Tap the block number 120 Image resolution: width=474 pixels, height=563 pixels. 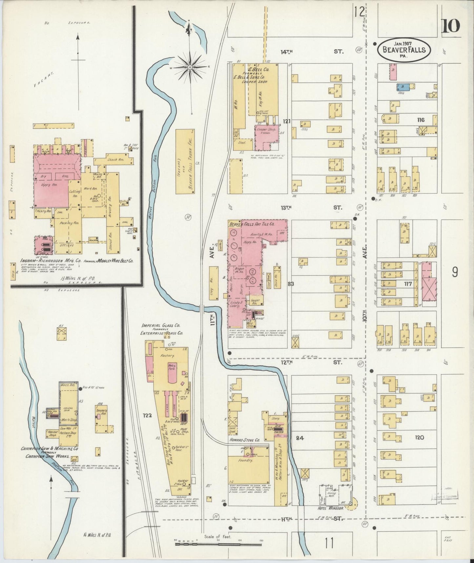point(420,438)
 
